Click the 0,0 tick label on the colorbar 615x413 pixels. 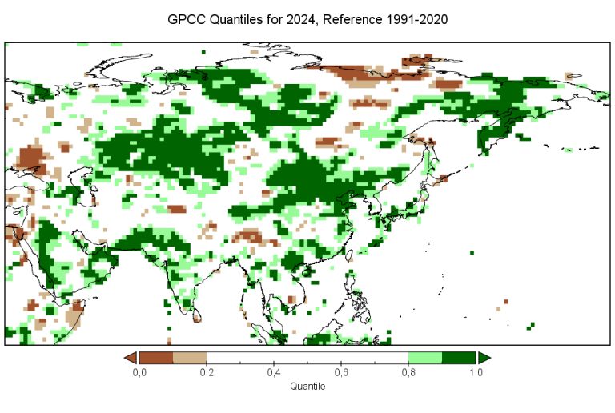(139, 373)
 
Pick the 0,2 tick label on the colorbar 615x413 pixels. (206, 373)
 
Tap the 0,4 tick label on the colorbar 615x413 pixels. (273, 373)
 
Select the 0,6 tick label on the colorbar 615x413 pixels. (341, 373)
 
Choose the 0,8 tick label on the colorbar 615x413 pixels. (408, 373)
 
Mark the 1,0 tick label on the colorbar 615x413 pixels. (476, 373)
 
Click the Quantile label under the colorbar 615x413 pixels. (307, 387)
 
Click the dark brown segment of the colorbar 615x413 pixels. (155, 357)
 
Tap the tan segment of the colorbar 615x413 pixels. (189, 357)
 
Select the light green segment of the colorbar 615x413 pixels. (425, 357)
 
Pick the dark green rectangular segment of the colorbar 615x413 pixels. (459, 357)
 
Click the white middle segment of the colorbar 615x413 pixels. (307, 357)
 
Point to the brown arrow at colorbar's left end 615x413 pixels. (131, 357)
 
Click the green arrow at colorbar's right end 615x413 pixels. (484, 357)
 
